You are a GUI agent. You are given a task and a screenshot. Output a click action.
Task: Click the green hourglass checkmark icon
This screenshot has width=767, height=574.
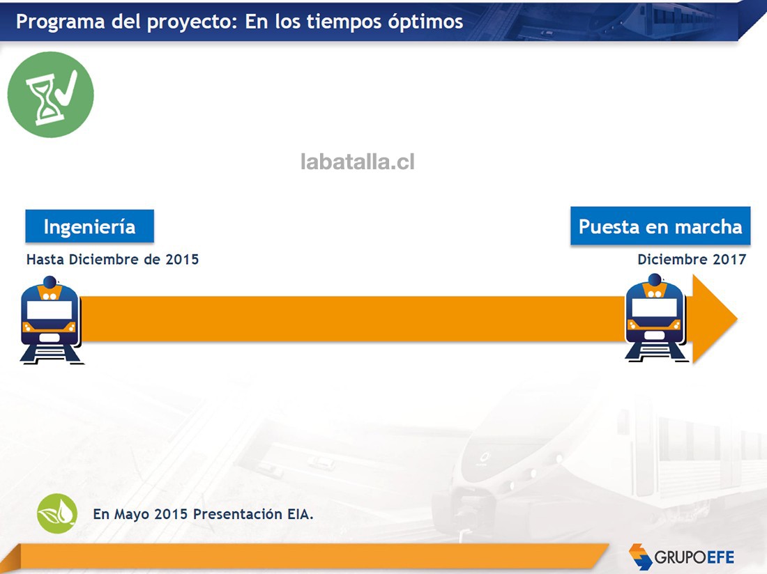click(50, 95)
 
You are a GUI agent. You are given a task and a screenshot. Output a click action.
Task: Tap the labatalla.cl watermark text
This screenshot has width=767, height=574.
click(358, 162)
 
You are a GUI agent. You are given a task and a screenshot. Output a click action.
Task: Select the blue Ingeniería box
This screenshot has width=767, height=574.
click(89, 226)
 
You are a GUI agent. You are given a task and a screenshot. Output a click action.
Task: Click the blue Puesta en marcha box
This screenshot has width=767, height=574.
click(660, 226)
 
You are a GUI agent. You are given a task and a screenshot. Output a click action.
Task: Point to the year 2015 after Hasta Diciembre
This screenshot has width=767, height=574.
click(182, 259)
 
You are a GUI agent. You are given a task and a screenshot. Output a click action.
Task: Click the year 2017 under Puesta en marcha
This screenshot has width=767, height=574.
click(729, 259)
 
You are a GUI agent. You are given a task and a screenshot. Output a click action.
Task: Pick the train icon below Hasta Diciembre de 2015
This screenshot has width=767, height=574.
click(51, 320)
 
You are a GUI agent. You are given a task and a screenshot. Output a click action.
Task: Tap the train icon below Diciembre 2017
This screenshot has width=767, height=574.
click(656, 318)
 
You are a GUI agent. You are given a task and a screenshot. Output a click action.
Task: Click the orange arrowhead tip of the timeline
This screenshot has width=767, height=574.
click(737, 318)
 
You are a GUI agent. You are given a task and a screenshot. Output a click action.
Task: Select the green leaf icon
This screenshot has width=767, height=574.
click(57, 513)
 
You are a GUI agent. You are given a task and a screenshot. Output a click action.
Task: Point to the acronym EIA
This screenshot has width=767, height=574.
click(301, 514)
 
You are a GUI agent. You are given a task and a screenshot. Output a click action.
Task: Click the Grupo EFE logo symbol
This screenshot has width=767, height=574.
click(640, 557)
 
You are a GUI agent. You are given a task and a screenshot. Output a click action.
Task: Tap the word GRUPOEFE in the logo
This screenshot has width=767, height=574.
click(694, 557)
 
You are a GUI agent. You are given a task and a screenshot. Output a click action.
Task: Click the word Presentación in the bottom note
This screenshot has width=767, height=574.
click(237, 514)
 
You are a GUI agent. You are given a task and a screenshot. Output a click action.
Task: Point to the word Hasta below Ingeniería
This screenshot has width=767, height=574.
click(45, 259)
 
